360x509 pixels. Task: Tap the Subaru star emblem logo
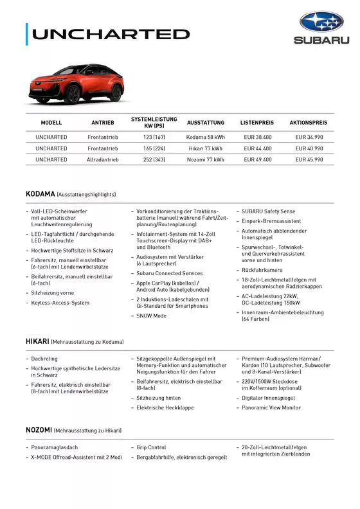pos(322,22)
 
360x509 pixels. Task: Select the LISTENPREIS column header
pos(257,122)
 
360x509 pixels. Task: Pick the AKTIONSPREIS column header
pos(309,122)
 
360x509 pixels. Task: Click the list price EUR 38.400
pos(258,137)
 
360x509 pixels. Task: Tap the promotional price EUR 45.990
pos(309,159)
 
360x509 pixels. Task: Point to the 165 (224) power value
pos(154,148)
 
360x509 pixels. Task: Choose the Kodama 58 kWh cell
pos(206,137)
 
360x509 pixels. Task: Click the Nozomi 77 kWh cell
pos(206,159)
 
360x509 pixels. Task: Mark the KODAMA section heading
pos(40,193)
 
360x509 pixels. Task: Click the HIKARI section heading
pos(37,341)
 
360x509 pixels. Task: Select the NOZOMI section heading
pos(39,430)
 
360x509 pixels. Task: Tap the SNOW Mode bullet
pos(152,316)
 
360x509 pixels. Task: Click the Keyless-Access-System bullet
pos(60,303)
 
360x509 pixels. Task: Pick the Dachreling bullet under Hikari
pos(44,359)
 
